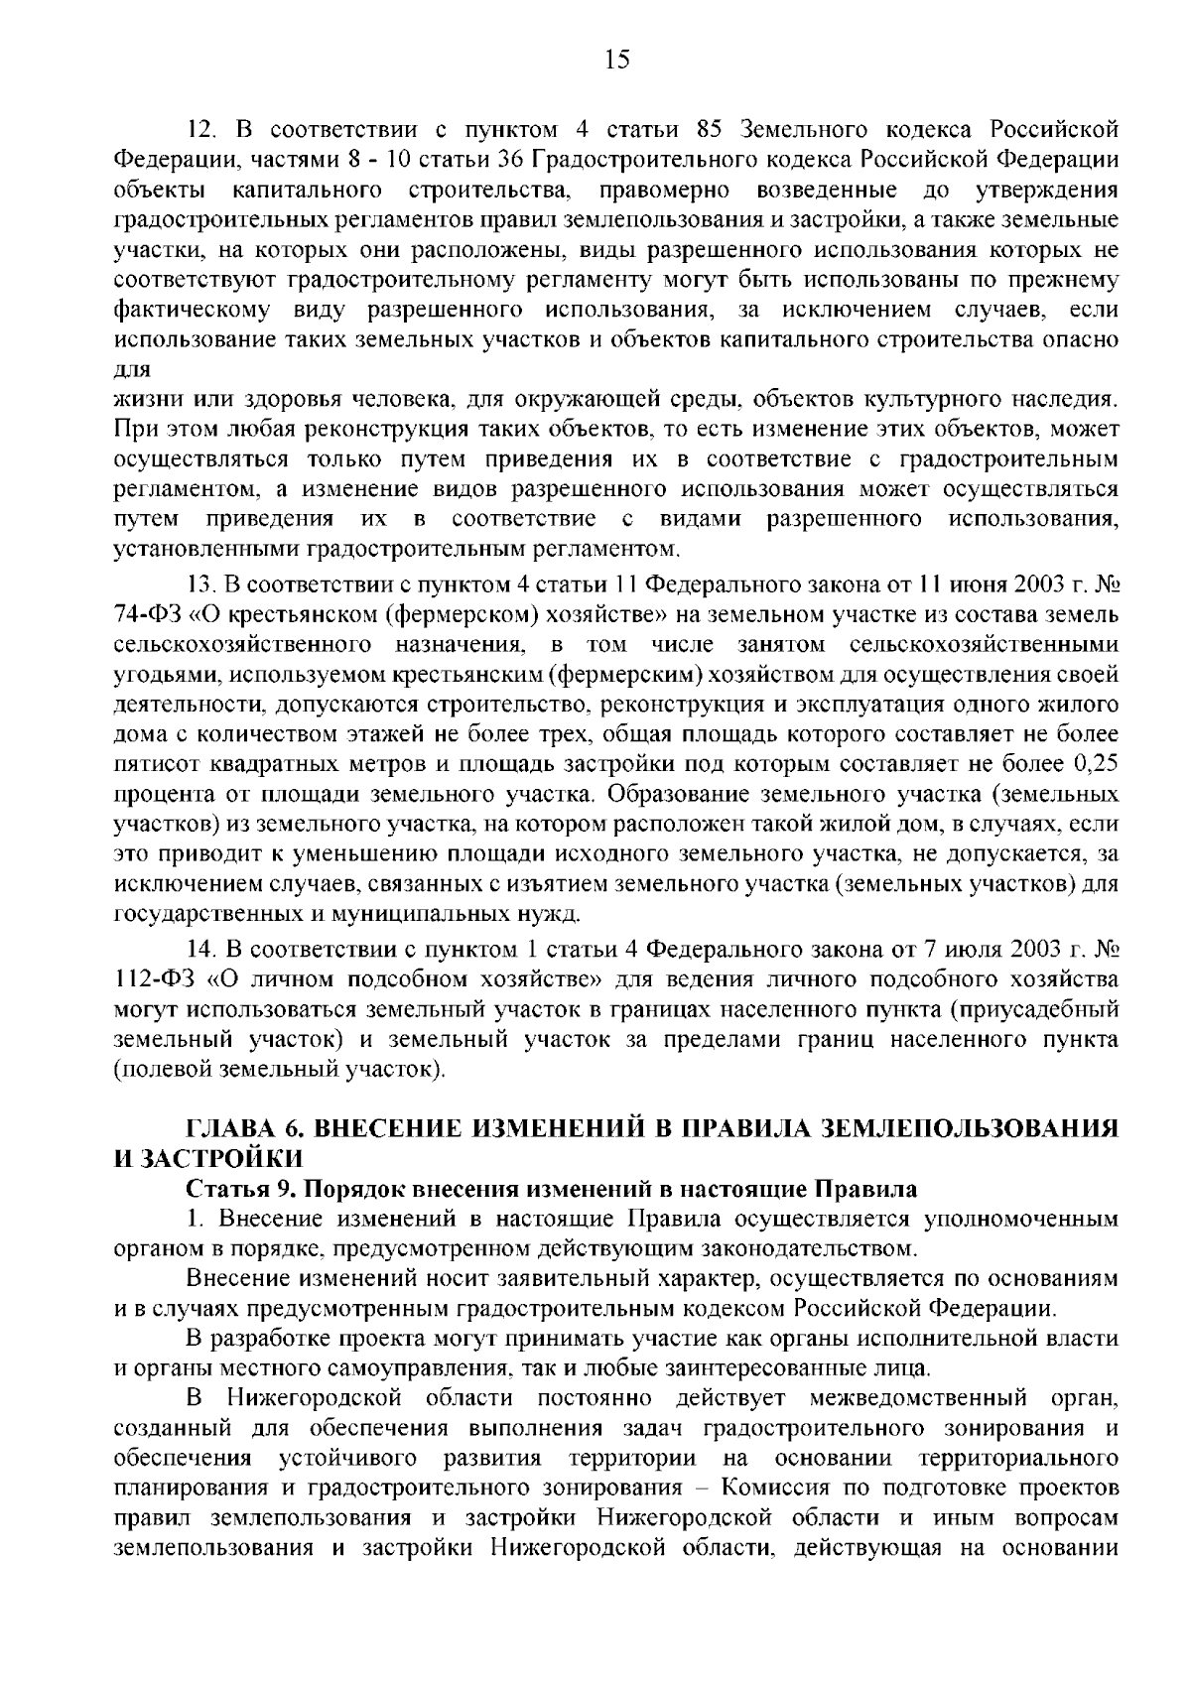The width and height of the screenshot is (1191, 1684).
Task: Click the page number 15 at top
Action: coord(615,61)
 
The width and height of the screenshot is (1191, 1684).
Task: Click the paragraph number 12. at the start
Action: coord(201,130)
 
